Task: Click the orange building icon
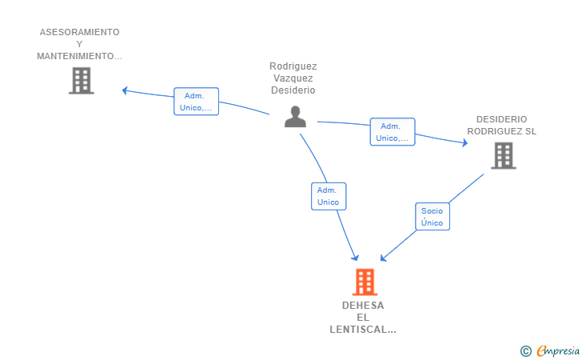(365, 282)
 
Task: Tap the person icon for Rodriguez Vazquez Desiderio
(296, 117)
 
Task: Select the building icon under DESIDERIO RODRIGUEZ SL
(504, 156)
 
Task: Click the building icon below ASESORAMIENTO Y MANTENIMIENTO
(82, 81)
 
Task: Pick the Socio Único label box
(433, 217)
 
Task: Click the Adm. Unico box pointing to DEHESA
(329, 196)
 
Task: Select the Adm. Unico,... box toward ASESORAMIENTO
(196, 102)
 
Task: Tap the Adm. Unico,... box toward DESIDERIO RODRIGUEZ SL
(393, 132)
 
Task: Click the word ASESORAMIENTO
(79, 32)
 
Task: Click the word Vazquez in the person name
(293, 78)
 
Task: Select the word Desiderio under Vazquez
(293, 90)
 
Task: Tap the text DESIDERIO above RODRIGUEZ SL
(502, 119)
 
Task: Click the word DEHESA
(363, 306)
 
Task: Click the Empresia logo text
(558, 350)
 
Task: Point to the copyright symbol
(526, 351)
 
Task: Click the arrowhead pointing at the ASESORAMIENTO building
(125, 90)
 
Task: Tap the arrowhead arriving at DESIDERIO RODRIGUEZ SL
(464, 142)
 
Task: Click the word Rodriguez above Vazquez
(293, 66)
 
